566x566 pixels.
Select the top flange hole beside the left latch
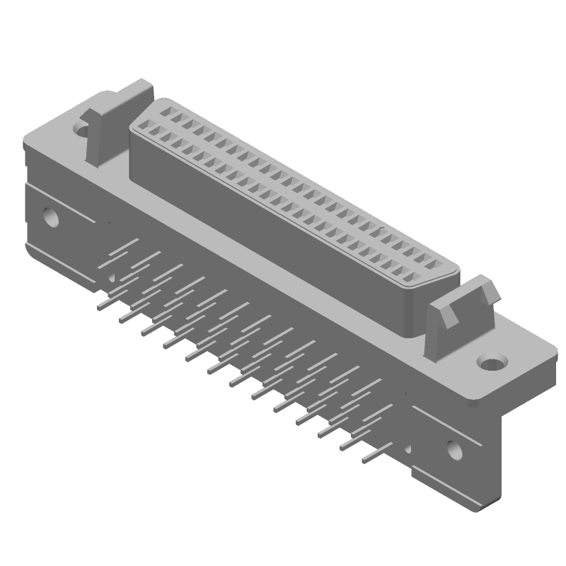[82, 129]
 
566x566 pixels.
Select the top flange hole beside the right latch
[491, 364]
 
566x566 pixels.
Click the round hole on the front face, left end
[50, 216]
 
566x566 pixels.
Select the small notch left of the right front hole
[408, 449]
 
